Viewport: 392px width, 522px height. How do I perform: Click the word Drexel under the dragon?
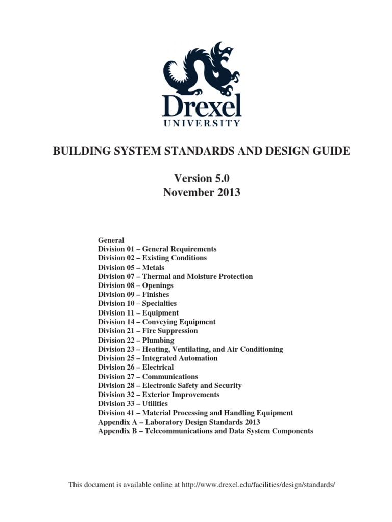(x=201, y=105)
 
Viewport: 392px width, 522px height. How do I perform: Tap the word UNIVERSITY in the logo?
(x=201, y=123)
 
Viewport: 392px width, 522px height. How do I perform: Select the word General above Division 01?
(x=111, y=240)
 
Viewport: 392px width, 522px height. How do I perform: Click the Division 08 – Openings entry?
(x=135, y=285)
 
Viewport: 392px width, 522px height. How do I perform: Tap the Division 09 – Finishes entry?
(x=133, y=295)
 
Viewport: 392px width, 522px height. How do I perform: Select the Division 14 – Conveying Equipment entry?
(x=157, y=322)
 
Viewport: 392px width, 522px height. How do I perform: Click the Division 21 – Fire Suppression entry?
(x=148, y=331)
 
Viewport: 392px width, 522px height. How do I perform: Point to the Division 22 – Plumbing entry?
(x=136, y=340)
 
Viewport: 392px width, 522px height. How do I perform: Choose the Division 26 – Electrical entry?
(x=136, y=367)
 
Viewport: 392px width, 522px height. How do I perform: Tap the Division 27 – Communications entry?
(x=148, y=376)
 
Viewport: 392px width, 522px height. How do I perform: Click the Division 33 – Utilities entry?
(x=133, y=403)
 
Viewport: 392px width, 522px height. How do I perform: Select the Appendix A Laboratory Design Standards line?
(x=179, y=422)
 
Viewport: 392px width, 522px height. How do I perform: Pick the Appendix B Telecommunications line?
(x=205, y=431)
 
